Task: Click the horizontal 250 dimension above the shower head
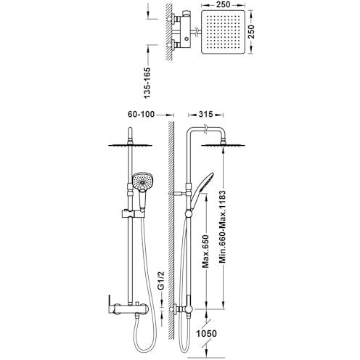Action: pos(224,4)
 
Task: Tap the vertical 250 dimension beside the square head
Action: pos(251,31)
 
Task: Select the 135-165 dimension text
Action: pos(147,83)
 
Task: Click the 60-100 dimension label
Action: pos(141,114)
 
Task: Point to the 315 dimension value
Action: pos(205,114)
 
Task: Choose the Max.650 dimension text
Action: pos(205,251)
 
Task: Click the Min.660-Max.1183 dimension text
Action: pos(222,227)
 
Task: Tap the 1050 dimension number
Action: pos(206,334)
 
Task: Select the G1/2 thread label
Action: pos(161,280)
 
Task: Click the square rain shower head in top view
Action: pos(224,32)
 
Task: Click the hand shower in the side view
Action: pos(202,191)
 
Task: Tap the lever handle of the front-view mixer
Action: pos(110,303)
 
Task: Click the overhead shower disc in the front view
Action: pos(130,145)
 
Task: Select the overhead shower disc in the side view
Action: pos(224,145)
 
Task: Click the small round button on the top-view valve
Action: pos(187,38)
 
